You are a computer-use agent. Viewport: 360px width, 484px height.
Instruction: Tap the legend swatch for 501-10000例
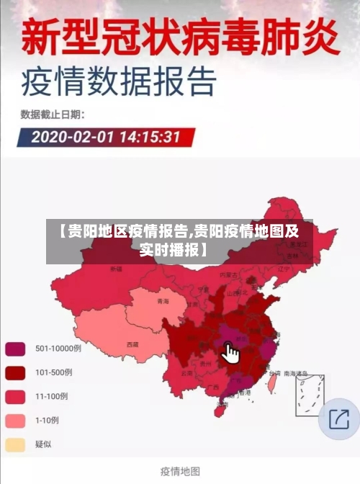(x=16, y=349)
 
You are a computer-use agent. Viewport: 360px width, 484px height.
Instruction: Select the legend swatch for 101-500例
(x=16, y=372)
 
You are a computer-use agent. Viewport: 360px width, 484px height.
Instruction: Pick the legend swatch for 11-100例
(x=16, y=396)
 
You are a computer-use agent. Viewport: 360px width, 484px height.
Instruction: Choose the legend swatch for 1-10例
(x=16, y=420)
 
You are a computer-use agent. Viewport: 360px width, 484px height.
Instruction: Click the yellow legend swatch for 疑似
(x=16, y=444)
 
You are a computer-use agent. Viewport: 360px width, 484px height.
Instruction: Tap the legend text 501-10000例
(x=58, y=349)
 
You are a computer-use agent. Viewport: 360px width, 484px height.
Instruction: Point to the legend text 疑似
(x=43, y=444)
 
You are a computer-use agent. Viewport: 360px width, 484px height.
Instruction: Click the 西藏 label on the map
(x=132, y=344)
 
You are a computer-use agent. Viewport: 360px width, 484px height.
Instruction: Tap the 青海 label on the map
(x=163, y=302)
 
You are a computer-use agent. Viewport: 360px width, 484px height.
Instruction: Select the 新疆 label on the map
(x=117, y=269)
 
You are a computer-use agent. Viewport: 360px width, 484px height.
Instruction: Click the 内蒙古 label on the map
(x=228, y=274)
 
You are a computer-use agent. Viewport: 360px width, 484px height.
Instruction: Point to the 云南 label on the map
(x=187, y=373)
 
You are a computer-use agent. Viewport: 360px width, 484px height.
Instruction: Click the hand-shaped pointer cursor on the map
(x=231, y=353)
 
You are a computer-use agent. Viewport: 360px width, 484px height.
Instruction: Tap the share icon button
(x=338, y=418)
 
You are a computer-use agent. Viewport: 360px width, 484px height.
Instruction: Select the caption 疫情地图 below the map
(x=179, y=470)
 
